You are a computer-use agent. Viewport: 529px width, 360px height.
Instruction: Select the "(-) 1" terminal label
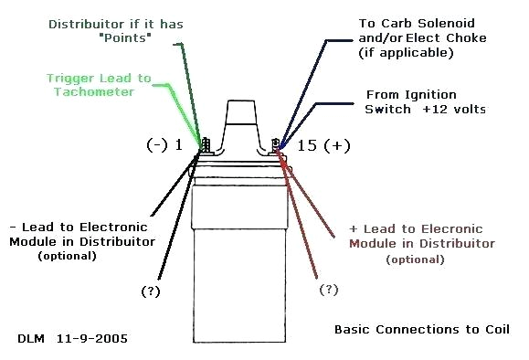coord(166,145)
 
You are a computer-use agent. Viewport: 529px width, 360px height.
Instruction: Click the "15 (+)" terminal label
coord(325,145)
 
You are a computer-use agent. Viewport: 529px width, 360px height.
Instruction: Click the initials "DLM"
coord(31,338)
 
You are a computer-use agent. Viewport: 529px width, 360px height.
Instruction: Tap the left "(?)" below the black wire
coord(152,291)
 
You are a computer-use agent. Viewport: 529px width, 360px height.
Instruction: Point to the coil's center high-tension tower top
coord(239,106)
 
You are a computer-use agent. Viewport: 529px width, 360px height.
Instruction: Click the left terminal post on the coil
coord(205,145)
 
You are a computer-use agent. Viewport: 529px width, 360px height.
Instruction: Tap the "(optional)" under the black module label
coord(68,257)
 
